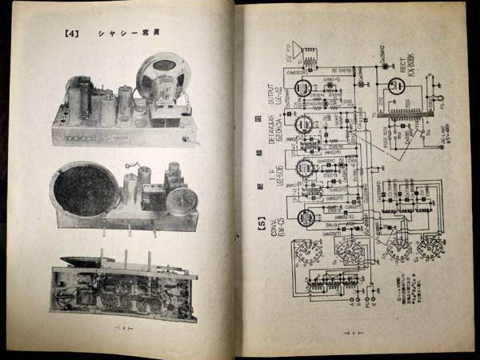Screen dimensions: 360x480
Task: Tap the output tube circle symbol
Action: pyautogui.click(x=304, y=87)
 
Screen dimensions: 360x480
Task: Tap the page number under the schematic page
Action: pyautogui.click(x=350, y=331)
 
